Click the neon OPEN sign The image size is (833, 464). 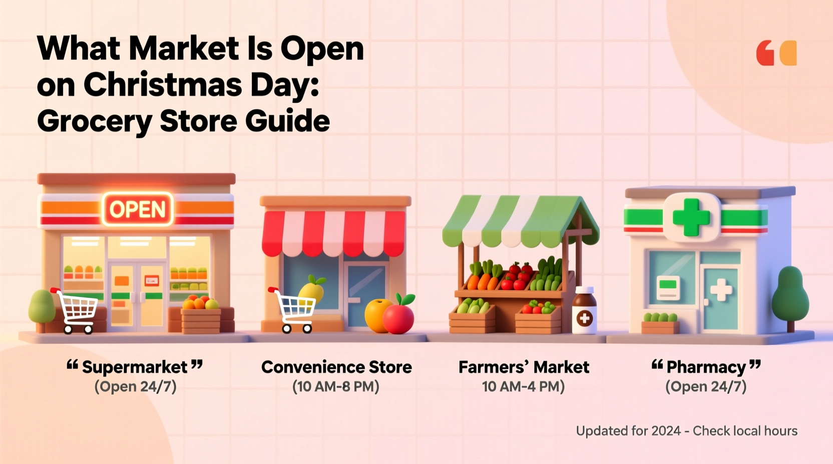[x=138, y=209]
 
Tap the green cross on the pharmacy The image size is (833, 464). [x=691, y=217]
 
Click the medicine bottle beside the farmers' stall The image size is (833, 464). [x=584, y=311]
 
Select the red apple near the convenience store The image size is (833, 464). [x=399, y=316]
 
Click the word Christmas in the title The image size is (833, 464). [x=162, y=85]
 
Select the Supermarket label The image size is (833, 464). [x=135, y=367]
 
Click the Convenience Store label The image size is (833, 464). [x=336, y=367]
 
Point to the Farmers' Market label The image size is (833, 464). [x=524, y=367]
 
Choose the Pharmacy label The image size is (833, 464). [x=706, y=367]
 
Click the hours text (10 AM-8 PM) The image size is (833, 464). [x=336, y=386]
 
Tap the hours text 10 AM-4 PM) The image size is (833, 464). [x=523, y=386]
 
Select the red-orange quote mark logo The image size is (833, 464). [x=776, y=53]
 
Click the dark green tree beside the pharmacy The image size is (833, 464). [x=790, y=295]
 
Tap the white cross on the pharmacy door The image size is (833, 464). [x=721, y=290]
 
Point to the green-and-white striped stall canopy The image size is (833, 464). [x=521, y=220]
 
